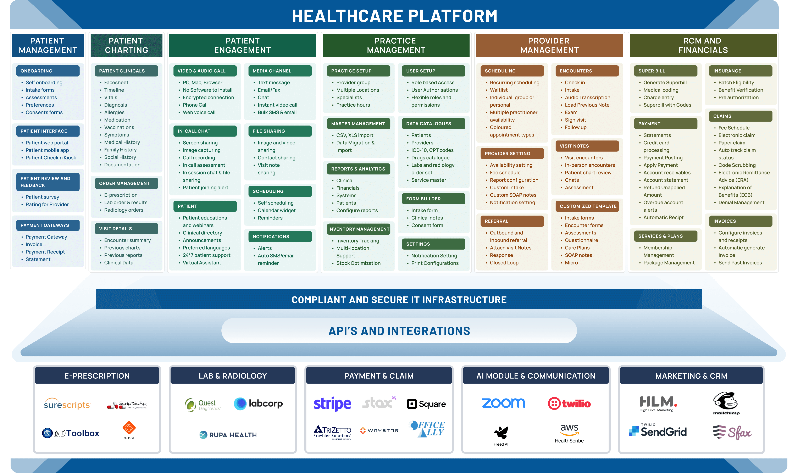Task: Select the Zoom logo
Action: click(503, 403)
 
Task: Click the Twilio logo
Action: click(569, 404)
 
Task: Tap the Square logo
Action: click(426, 404)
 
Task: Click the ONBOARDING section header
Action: click(48, 71)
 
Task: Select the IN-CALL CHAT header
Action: click(205, 131)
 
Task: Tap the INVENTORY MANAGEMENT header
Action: click(359, 229)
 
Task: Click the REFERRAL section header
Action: click(512, 221)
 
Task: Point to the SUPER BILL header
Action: click(665, 71)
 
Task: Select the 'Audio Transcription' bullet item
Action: click(587, 98)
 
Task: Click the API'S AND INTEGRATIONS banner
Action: click(399, 331)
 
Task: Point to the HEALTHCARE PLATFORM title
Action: click(394, 16)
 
